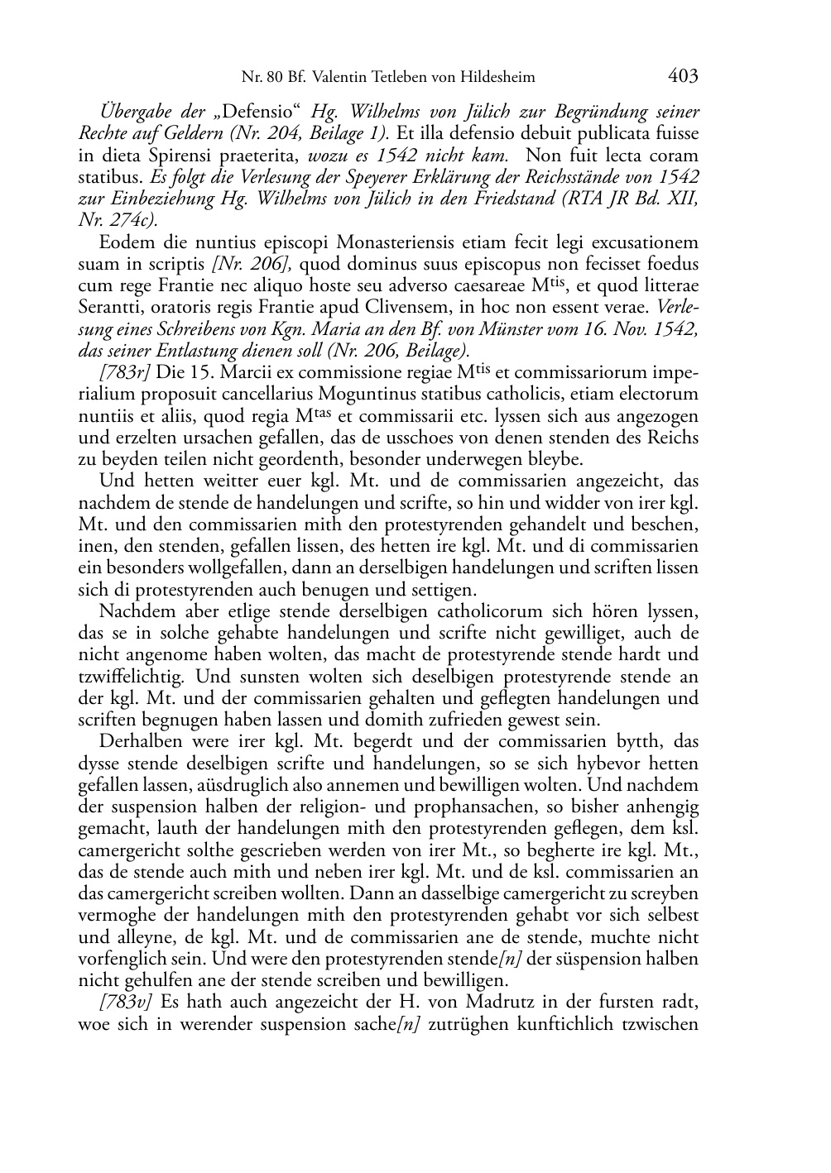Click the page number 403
pyautogui.click(x=683, y=77)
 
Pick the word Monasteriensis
pyautogui.click(x=367, y=243)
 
